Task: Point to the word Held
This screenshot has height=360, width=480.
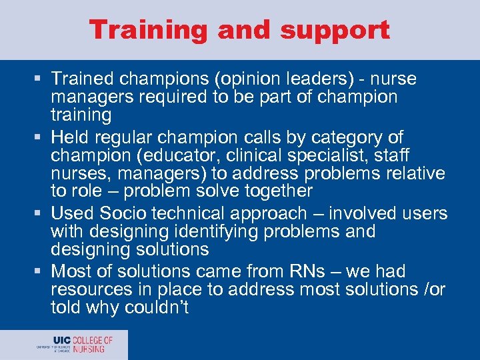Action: [x=71, y=137]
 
